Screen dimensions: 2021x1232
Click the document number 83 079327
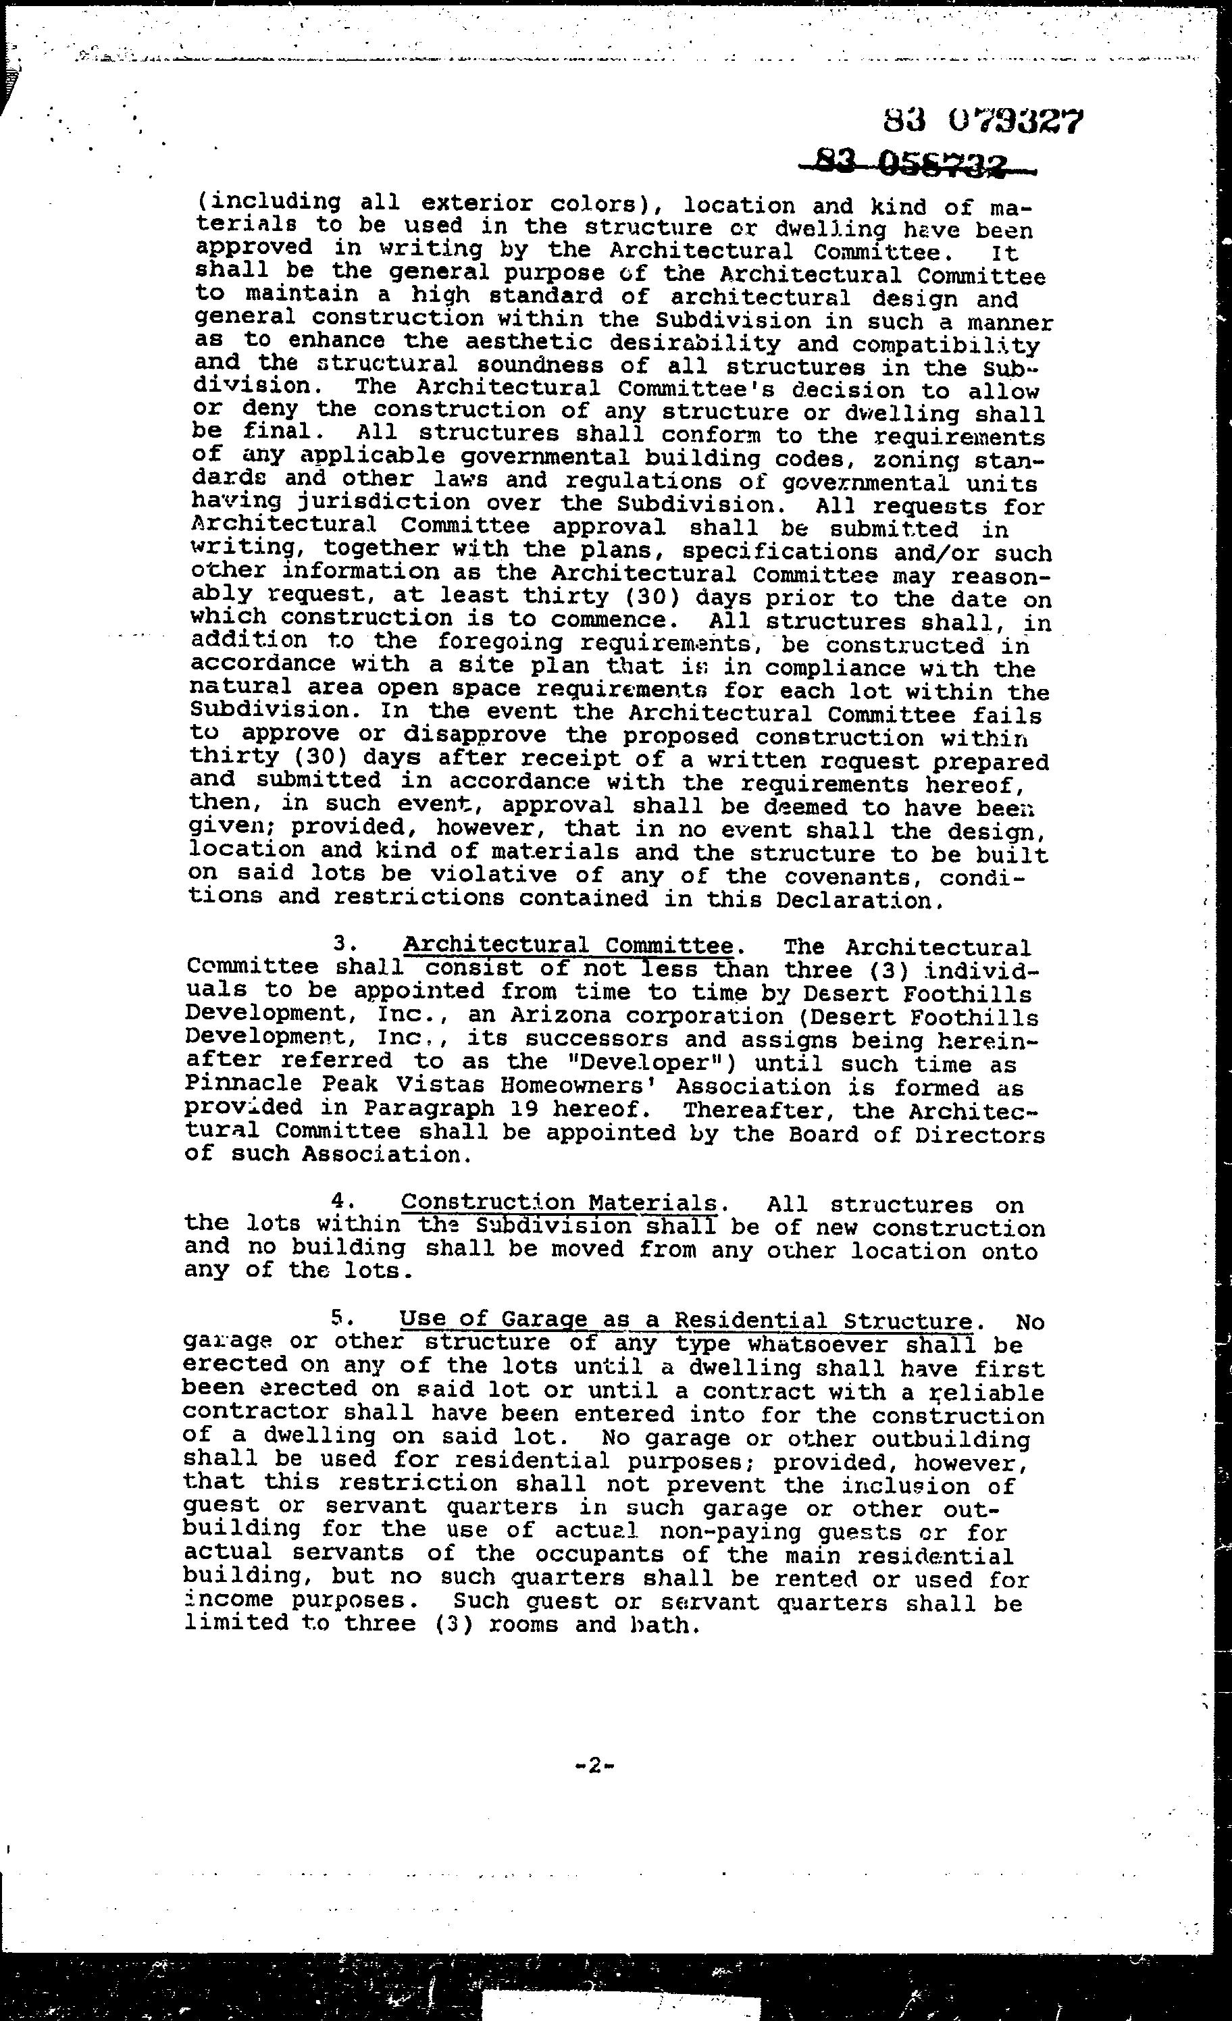tap(983, 122)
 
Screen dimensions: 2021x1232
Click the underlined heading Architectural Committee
tap(567, 946)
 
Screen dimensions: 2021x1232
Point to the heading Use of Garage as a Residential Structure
tap(686, 1321)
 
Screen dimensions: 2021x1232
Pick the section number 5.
tap(341, 1320)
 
